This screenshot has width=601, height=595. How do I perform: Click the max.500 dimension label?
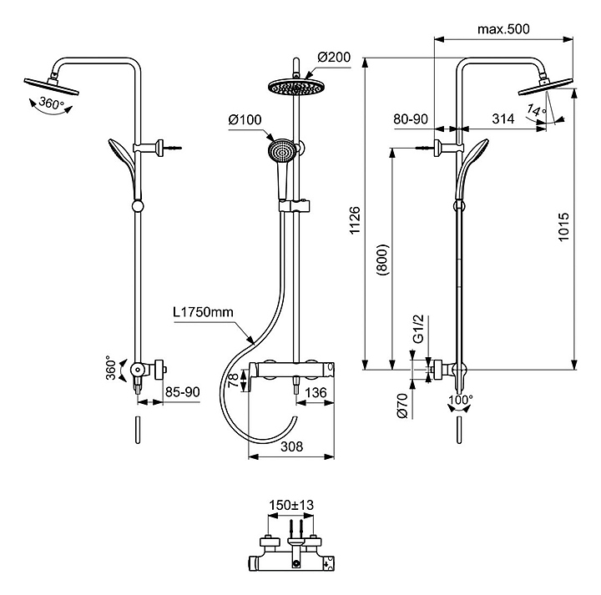503,29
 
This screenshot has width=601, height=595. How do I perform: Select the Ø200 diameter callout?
334,57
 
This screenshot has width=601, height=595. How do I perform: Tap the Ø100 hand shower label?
245,120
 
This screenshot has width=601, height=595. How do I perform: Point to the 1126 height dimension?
355,220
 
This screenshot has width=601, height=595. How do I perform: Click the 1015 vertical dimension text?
563,227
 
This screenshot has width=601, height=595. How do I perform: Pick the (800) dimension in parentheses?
382,260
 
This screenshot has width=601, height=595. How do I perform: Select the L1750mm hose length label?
203,312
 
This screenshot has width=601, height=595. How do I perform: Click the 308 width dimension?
291,446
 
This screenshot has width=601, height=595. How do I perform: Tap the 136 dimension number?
316,393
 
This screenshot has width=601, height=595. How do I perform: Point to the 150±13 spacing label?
291,505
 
